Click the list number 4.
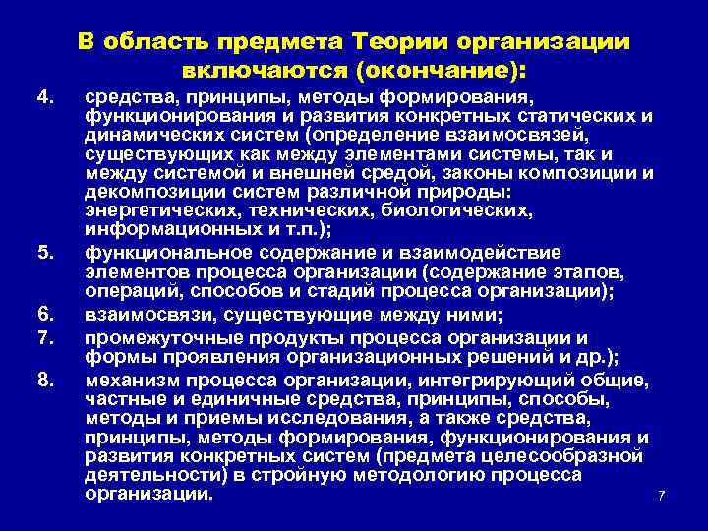pyautogui.click(x=42, y=97)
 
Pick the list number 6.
pyautogui.click(x=42, y=314)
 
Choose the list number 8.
pyautogui.click(x=42, y=379)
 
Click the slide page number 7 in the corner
pyautogui.click(x=662, y=495)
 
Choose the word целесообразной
pyautogui.click(x=580, y=456)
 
